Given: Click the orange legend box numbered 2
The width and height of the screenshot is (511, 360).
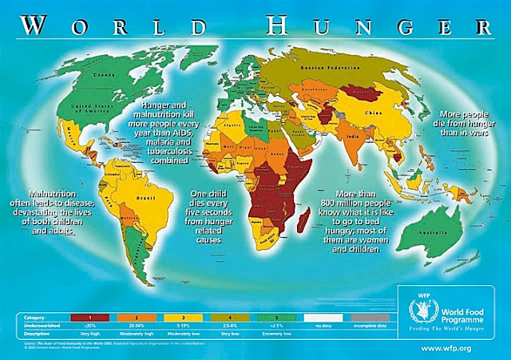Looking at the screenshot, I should (x=137, y=316).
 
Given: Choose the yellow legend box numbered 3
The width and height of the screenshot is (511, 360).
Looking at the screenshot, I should (x=184, y=316).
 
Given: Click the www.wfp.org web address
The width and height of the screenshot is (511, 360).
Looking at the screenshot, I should (x=457, y=348).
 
